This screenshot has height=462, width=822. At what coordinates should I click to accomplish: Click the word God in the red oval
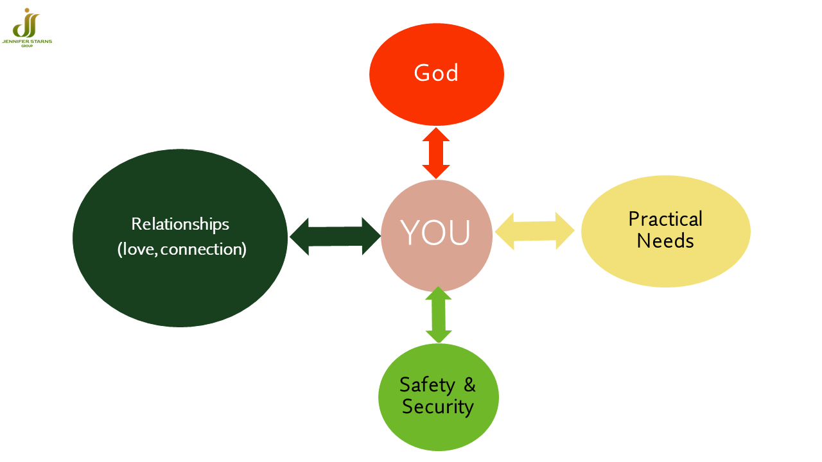pos(436,73)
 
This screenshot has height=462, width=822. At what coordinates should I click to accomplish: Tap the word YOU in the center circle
pos(435,232)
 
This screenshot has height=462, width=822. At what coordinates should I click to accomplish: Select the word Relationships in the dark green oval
pos(180,224)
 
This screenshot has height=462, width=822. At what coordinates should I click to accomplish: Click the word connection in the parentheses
pos(202,250)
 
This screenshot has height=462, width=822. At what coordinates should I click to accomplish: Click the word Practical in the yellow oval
pos(665,219)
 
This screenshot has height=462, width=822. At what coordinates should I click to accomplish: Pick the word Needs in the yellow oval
pos(665,241)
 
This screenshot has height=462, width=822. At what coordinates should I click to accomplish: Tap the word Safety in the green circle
pos(427,385)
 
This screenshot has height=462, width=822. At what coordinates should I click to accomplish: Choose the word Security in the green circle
pos(438,407)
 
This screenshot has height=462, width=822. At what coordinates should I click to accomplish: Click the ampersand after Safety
pos(469,384)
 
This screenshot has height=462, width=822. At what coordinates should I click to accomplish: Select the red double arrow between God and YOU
pos(436,153)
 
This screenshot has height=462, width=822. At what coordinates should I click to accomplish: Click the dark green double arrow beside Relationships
pos(335,236)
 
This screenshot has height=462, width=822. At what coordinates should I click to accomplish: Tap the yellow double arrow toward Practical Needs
pos(535,231)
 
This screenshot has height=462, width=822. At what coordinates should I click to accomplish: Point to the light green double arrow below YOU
pos(439,314)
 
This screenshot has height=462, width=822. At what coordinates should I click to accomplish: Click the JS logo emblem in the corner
pos(26,22)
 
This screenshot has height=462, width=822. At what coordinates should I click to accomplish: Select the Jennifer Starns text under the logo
pos(27,42)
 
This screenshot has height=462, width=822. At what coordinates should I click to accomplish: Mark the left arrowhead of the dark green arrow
pos(299,237)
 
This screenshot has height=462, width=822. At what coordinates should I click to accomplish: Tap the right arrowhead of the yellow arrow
pos(565,231)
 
